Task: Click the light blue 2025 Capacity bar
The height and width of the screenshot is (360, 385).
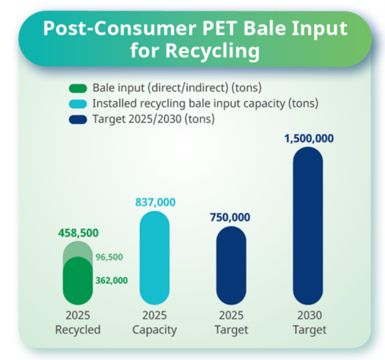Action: (x=154, y=258)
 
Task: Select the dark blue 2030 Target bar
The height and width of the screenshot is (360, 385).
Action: (x=308, y=225)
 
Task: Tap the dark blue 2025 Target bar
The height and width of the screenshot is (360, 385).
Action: (x=231, y=265)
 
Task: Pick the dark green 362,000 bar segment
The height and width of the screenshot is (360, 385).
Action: (x=78, y=281)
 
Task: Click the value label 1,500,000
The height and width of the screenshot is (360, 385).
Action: (x=309, y=139)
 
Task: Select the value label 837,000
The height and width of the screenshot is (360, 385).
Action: (x=155, y=202)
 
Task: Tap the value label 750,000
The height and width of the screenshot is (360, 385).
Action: (x=230, y=218)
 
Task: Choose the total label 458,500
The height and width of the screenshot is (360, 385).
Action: (x=78, y=233)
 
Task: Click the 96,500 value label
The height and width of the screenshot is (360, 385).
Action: (x=109, y=257)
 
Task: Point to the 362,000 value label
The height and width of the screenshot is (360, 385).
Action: (x=112, y=281)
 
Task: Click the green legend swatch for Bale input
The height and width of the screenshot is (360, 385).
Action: (x=78, y=88)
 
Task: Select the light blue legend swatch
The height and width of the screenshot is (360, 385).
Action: (x=78, y=104)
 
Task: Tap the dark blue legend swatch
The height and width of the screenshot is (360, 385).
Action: (x=78, y=120)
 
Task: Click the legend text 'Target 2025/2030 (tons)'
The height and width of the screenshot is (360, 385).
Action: (x=154, y=119)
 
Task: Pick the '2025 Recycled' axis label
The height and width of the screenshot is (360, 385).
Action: (x=78, y=323)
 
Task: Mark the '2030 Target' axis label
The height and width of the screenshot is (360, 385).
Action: (x=309, y=323)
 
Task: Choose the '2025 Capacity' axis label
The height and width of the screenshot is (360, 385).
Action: (x=154, y=323)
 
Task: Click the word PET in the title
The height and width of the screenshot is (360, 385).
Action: (x=220, y=28)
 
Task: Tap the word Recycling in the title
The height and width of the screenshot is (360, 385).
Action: (x=212, y=51)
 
